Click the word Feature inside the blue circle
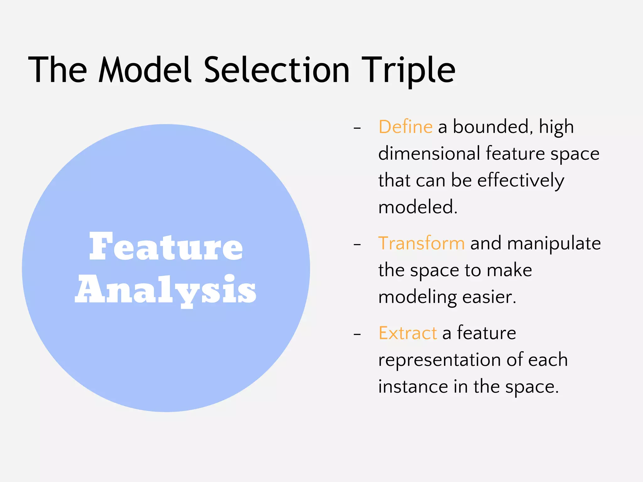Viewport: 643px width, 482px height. coord(166,247)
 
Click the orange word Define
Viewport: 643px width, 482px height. coord(405,127)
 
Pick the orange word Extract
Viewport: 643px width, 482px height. coord(408,333)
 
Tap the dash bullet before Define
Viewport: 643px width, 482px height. coord(357,128)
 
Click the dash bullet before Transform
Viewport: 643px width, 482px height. coord(357,245)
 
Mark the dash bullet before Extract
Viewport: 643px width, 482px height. coord(357,335)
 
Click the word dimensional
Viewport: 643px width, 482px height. coord(429,154)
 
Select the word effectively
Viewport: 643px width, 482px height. coord(521,181)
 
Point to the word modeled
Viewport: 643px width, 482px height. coord(418,207)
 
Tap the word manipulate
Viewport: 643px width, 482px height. coord(554,244)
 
